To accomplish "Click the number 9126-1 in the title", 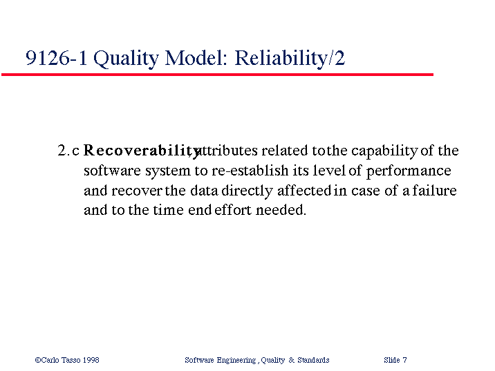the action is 56,57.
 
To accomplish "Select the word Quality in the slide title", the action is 126,59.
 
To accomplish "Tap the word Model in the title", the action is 196,57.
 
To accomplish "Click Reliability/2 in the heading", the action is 290,59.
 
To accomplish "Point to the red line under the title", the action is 217,75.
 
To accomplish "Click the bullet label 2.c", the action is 68,151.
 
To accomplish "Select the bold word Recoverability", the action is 142,151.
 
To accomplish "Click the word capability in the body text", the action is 384,151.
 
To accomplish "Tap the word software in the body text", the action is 112,171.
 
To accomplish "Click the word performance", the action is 409,171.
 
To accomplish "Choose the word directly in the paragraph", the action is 247,191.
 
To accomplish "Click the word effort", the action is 233,210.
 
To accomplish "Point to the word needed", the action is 281,210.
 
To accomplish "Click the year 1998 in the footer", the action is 91,360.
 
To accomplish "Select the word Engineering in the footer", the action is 236,360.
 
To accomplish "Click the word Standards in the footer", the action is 313,360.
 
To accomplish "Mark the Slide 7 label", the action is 395,360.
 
